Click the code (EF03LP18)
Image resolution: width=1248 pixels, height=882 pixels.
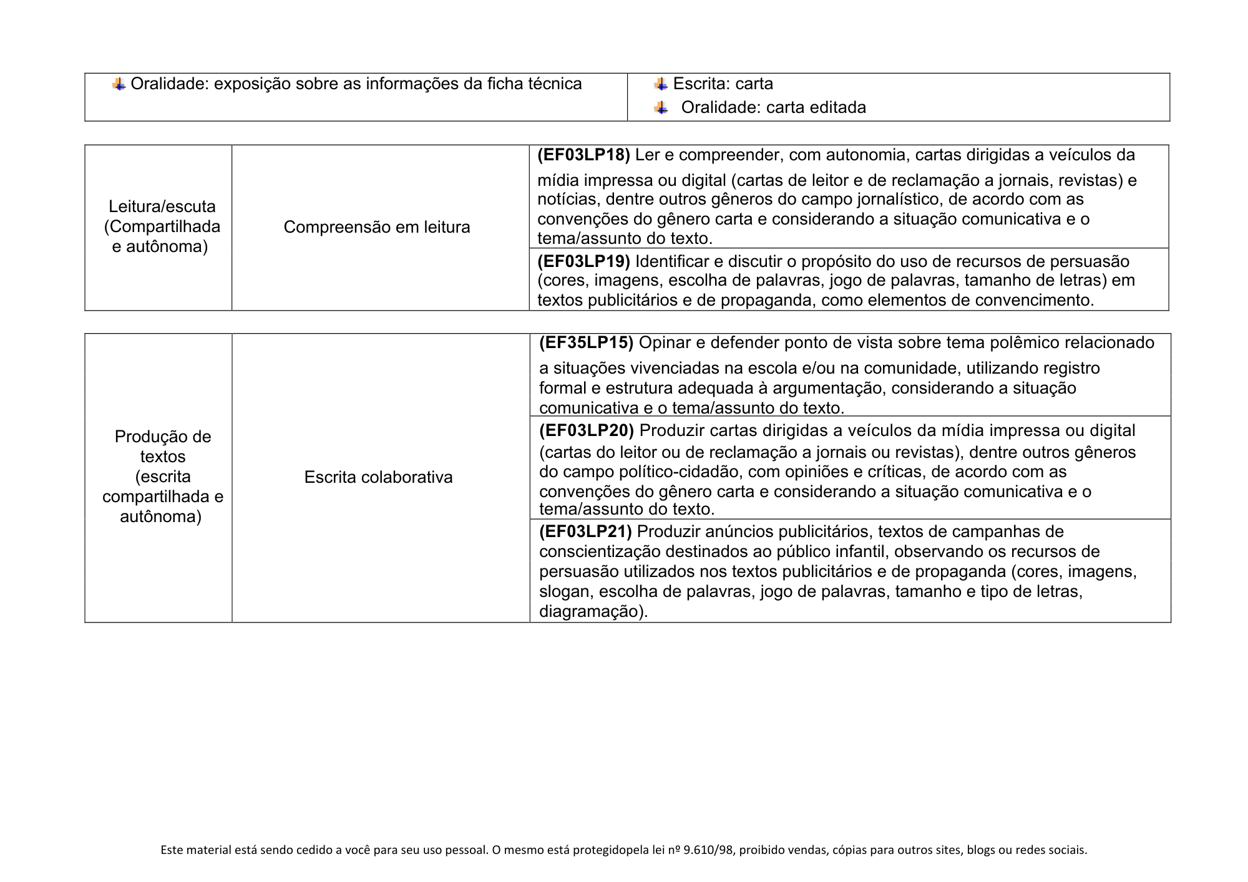pyautogui.click(x=583, y=155)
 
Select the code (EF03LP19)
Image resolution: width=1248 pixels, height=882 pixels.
pyautogui.click(x=583, y=261)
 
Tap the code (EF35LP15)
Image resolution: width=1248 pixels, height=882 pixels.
pyautogui.click(x=586, y=342)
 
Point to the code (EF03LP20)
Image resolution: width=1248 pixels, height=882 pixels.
pyautogui.click(x=586, y=430)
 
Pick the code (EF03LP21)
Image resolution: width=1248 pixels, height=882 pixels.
pyautogui.click(x=585, y=531)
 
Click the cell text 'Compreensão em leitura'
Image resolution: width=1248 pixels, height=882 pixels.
pyautogui.click(x=377, y=227)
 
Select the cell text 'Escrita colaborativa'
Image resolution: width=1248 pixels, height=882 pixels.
pyautogui.click(x=378, y=477)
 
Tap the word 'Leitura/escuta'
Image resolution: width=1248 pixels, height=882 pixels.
pyautogui.click(x=162, y=206)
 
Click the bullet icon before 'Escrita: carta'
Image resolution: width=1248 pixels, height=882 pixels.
pyautogui.click(x=661, y=84)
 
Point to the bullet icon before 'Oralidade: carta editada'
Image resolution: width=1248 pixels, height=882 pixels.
pyautogui.click(x=661, y=108)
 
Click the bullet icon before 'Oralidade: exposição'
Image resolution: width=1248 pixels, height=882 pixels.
pyautogui.click(x=119, y=84)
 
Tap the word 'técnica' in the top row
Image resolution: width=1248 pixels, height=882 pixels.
pyautogui.click(x=554, y=84)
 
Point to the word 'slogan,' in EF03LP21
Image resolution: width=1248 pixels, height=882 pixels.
pyautogui.click(x=565, y=591)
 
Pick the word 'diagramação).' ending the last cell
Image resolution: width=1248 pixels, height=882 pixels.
pyautogui.click(x=593, y=611)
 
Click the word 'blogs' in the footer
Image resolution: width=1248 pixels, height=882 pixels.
pyautogui.click(x=981, y=850)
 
